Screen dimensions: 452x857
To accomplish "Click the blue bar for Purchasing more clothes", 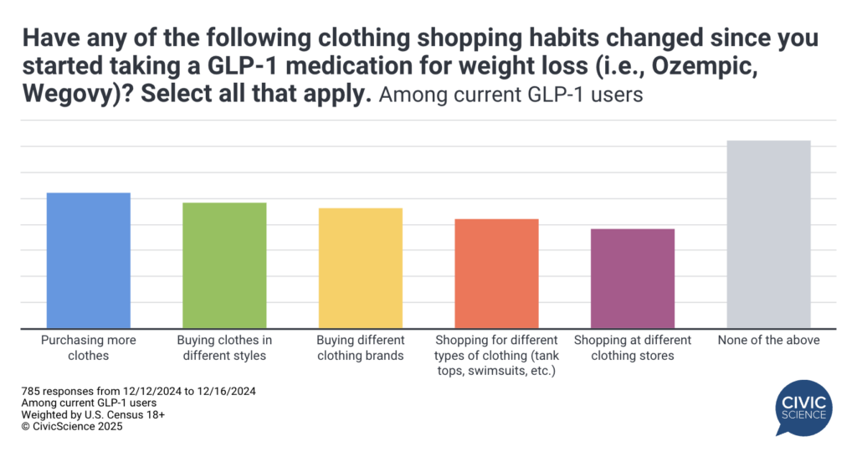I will (x=88, y=260).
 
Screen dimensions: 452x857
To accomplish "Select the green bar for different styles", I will (x=224, y=265).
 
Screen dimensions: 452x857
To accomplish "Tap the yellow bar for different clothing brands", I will (x=360, y=268).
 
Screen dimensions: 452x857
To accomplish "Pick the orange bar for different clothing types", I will (x=496, y=273).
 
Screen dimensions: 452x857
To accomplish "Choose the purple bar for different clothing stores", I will (x=633, y=278).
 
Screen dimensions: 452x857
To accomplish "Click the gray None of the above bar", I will (x=768, y=234).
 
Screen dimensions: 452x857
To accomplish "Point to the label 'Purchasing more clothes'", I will (x=88, y=348).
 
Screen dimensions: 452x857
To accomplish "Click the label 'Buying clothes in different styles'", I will (x=224, y=348).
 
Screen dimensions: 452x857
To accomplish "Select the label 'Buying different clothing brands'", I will (x=360, y=348).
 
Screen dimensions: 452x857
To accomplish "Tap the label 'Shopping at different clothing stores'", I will (x=633, y=348).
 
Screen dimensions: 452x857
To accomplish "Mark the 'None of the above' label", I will (x=768, y=341).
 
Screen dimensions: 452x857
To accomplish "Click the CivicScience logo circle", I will (x=804, y=405).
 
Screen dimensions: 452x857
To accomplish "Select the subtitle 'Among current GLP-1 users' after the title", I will (x=511, y=95).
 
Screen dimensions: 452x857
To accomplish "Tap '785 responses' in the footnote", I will (x=54, y=391).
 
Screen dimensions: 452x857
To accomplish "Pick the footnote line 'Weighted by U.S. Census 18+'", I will (x=87, y=414).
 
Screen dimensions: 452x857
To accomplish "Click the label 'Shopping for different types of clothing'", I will (x=496, y=355).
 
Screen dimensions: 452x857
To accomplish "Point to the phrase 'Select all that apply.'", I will (x=256, y=94).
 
